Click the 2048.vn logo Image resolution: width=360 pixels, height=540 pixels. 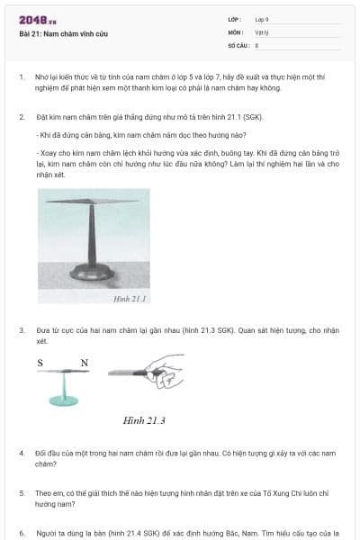37,20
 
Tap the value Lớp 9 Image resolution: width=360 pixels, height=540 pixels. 262,19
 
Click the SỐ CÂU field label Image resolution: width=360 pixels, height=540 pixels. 237,44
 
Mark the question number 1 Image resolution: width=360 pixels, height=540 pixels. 22,77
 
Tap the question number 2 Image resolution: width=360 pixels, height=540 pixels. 22,118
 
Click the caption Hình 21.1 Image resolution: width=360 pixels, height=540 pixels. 130,297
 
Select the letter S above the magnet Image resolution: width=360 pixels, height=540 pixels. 40,363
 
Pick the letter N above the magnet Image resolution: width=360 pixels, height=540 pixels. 84,363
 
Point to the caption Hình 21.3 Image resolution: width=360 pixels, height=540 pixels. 144,420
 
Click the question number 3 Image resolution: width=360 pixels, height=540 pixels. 22,330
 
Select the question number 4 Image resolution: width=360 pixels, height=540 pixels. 22,453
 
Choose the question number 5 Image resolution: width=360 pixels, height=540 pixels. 22,493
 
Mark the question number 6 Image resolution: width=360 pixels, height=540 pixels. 22,533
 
